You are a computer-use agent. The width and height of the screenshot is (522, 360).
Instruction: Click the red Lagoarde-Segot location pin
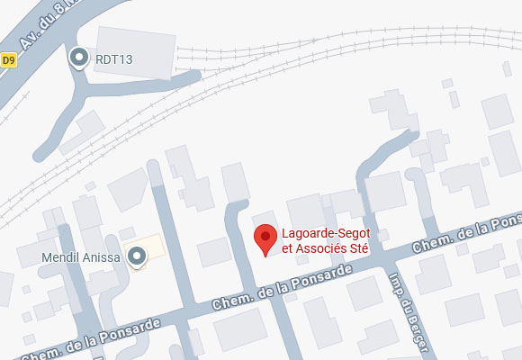pos(265,238)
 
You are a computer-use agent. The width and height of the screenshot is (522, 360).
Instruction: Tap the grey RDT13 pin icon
pos(79,58)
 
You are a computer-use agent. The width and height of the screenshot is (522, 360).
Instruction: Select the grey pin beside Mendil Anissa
pos(137,257)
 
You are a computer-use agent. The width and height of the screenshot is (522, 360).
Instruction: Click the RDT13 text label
pos(114,60)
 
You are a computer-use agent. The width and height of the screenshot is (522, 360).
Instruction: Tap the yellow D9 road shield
pos(9,60)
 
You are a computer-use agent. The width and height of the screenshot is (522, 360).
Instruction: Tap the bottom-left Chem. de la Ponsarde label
pos(90,341)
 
